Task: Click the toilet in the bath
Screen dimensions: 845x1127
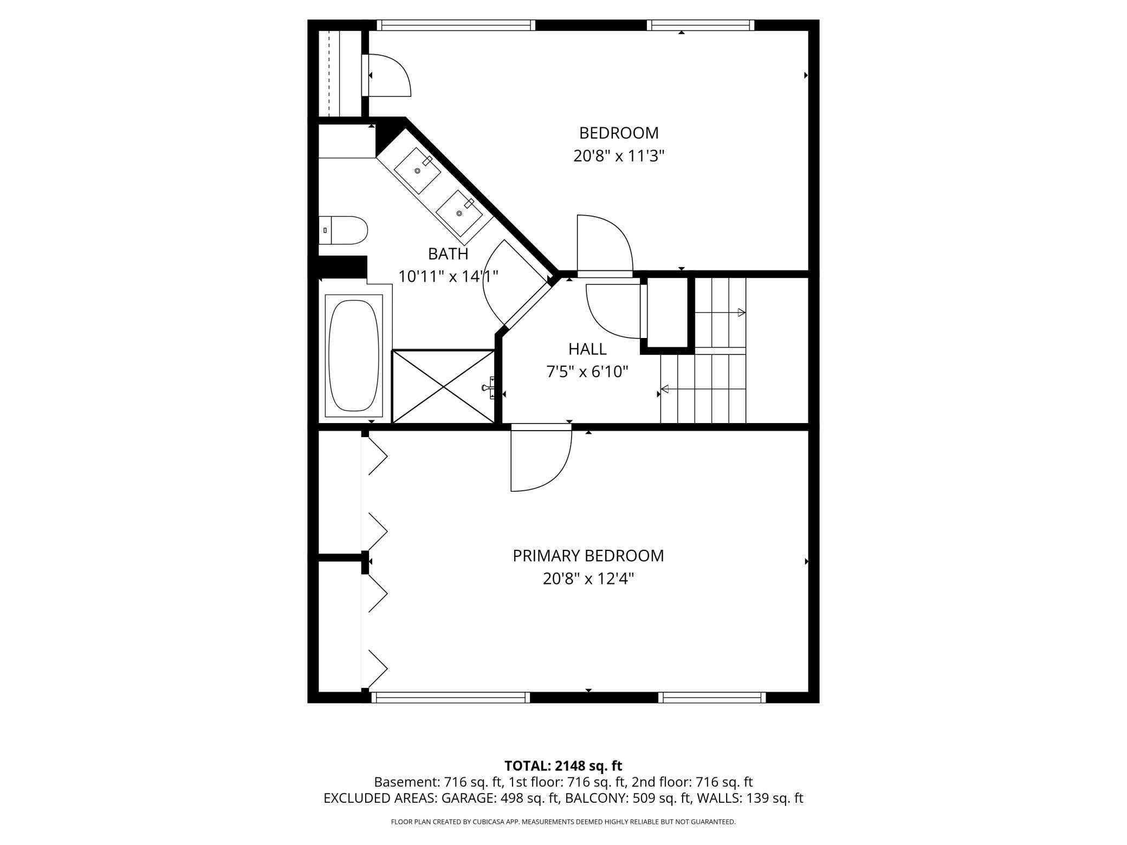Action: [x=345, y=230]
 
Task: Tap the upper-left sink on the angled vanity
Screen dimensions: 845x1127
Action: [x=417, y=171]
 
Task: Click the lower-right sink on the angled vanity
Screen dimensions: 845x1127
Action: [x=459, y=213]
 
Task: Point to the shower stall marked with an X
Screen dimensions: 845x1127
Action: [x=443, y=386]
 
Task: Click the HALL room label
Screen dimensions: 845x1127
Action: [x=587, y=349]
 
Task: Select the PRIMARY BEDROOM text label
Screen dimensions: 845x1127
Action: [x=588, y=556]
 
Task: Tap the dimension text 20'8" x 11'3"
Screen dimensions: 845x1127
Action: [x=619, y=157]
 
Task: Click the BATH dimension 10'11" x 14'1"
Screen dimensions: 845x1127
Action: [x=448, y=277]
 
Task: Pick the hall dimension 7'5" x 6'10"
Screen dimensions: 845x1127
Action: [x=587, y=372]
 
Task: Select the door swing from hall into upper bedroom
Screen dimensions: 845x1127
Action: [x=604, y=244]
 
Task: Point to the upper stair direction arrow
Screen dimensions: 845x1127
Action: [x=741, y=313]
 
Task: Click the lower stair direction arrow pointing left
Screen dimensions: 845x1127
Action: [x=665, y=389]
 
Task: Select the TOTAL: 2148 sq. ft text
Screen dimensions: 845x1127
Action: [x=563, y=766]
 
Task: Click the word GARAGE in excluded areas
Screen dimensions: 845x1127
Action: [x=467, y=798]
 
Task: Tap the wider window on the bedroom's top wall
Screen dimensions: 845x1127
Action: [x=455, y=25]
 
